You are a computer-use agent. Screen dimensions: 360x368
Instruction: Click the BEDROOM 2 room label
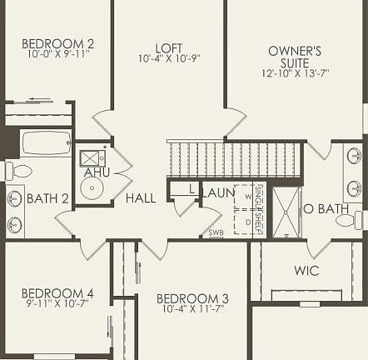pos(57,43)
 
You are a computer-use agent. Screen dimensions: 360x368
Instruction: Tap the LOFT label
pos(169,48)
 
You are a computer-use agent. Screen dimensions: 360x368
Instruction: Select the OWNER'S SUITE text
pos(295,57)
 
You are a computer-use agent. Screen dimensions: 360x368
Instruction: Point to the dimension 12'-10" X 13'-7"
pos(295,73)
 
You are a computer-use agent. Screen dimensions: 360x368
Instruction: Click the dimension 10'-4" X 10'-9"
pos(169,59)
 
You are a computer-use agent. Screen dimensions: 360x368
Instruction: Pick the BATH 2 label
pos(47,198)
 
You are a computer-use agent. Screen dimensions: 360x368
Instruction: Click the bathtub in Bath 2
pos(47,143)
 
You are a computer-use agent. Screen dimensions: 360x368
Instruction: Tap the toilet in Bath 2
pos(17,171)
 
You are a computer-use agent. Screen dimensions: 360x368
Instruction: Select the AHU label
pos(97,172)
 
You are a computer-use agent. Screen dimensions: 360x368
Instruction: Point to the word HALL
pos(141,198)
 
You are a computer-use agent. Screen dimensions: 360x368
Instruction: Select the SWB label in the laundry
pos(216,232)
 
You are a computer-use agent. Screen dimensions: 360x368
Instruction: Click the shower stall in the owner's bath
pos(287,212)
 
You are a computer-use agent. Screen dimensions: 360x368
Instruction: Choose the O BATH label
pos(326,208)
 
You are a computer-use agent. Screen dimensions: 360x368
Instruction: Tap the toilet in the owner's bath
pos(360,220)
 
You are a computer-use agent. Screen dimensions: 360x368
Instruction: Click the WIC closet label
pos(306,271)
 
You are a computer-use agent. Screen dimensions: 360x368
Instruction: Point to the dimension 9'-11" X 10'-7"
pos(57,304)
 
